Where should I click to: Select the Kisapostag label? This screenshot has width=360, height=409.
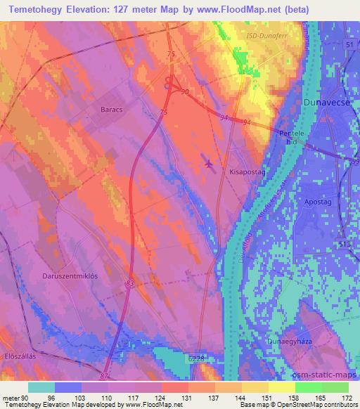[247, 171]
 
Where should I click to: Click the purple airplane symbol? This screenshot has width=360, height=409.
[209, 164]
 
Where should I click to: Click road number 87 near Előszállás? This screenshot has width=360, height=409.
[105, 377]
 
